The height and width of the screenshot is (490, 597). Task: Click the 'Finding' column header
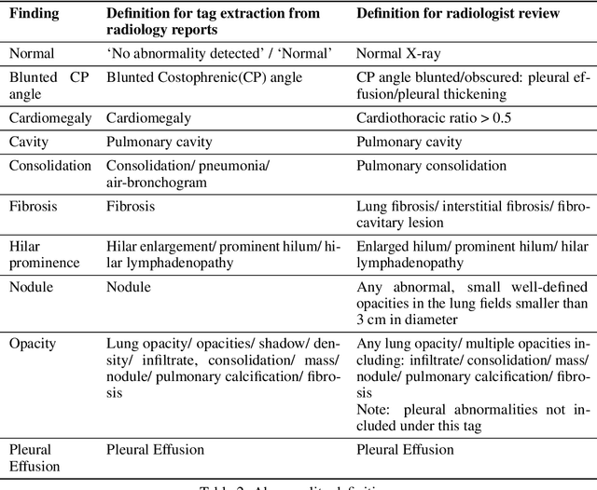(35, 14)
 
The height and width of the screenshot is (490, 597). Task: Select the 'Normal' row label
(32, 54)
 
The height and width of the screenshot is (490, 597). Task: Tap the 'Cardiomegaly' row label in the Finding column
(50, 117)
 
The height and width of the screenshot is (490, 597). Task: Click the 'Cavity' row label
(29, 142)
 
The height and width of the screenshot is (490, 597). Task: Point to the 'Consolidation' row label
(50, 166)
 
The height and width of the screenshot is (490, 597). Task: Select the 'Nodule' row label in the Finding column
(33, 287)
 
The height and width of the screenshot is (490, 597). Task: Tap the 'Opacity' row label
(33, 343)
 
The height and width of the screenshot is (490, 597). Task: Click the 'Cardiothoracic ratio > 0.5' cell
(435, 117)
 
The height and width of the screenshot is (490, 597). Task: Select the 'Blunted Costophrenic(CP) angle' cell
(203, 77)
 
